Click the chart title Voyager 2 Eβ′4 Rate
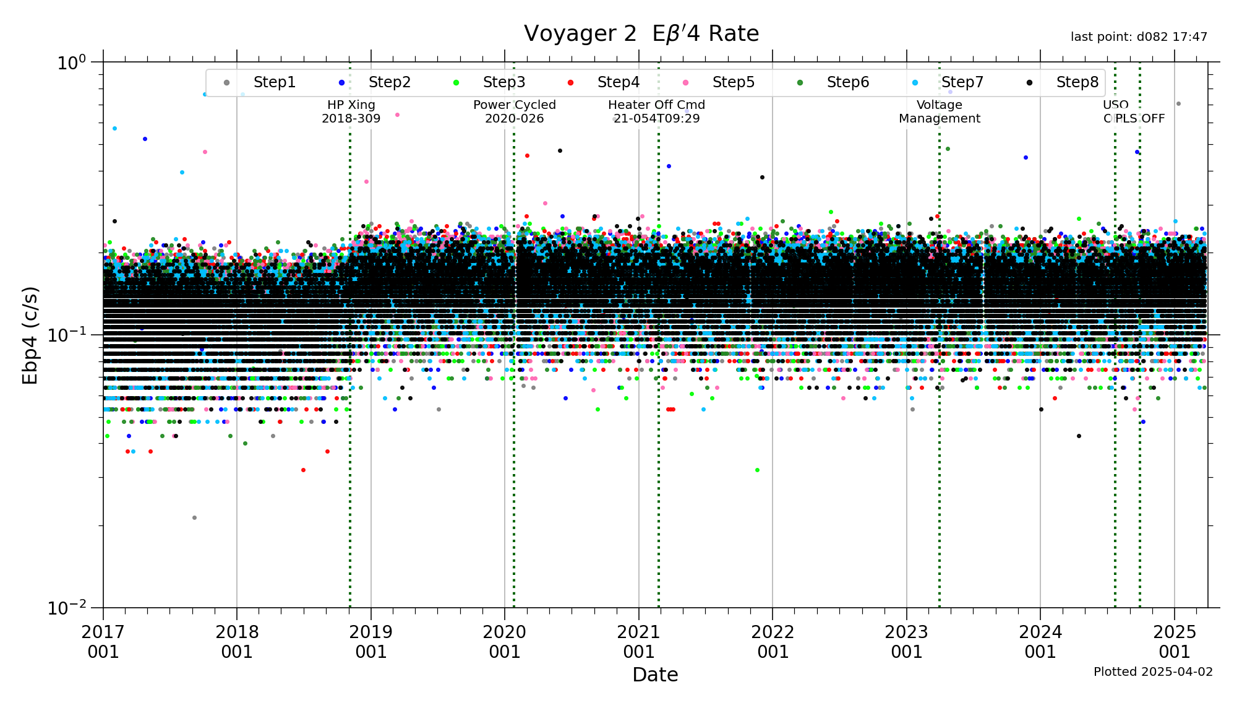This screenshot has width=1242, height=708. [x=641, y=33]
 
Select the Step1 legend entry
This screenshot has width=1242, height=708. [x=274, y=82]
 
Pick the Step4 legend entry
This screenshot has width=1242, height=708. [x=618, y=82]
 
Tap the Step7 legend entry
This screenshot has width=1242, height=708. [x=962, y=82]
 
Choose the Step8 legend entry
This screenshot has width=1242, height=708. [x=1077, y=82]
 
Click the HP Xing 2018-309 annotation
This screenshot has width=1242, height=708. [x=351, y=111]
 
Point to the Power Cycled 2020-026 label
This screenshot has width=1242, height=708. [x=514, y=111]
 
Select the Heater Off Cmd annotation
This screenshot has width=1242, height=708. [x=656, y=111]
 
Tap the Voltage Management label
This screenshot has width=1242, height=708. [x=939, y=111]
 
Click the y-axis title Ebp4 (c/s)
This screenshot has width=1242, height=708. [x=30, y=335]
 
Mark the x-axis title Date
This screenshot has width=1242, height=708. [x=655, y=675]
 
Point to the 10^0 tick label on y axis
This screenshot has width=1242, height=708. [x=71, y=63]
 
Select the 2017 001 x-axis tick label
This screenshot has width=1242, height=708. [x=103, y=642]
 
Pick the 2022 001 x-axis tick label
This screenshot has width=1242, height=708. [x=773, y=642]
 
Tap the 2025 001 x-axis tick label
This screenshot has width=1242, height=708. [x=1174, y=642]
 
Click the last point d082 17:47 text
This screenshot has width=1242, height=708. [x=1139, y=37]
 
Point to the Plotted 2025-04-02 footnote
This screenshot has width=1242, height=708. [x=1153, y=671]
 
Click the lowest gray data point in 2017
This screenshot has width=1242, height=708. [x=194, y=517]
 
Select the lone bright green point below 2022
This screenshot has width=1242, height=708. [x=757, y=470]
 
